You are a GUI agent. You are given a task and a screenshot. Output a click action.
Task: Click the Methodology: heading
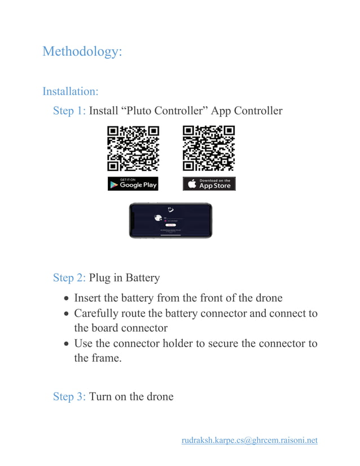82,51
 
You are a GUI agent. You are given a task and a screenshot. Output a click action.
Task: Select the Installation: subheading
71,91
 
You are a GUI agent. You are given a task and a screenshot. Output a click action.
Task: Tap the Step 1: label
69,111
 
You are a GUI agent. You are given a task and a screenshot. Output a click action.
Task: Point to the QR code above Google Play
133,148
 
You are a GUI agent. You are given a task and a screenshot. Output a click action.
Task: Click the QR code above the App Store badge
209,148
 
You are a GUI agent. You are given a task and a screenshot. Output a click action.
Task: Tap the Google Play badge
133,183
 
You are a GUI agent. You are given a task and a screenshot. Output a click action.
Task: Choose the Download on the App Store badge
209,183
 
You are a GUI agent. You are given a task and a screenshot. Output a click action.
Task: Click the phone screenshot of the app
170,221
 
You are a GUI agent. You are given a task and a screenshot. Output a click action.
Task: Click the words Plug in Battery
124,278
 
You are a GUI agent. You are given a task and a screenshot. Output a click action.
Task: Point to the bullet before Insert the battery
67,298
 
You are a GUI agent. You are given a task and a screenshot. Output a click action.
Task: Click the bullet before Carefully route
67,314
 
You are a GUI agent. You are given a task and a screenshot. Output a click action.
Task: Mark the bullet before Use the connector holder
67,344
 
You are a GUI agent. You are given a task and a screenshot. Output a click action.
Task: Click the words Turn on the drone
131,397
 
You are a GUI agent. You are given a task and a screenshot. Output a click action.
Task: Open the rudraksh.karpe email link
249,440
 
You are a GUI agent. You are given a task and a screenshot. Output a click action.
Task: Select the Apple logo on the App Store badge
191,184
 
